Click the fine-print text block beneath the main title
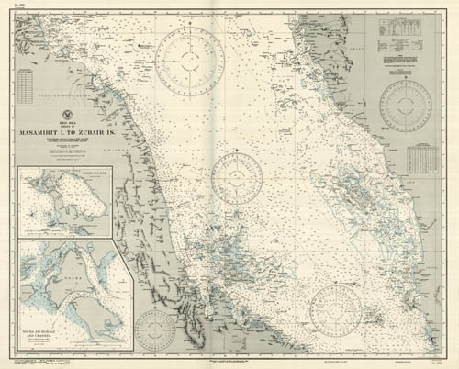pyautogui.click(x=65, y=147)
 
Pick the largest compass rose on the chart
pyautogui.click(x=190, y=61)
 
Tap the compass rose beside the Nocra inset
pyautogui.click(x=156, y=332)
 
